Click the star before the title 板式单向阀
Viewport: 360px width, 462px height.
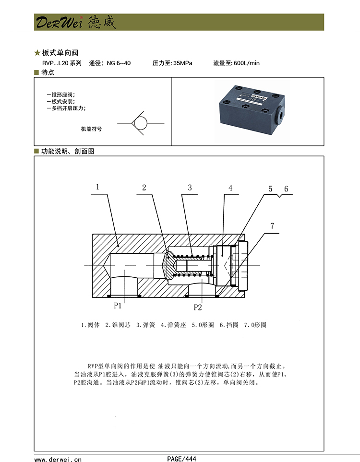(37, 52)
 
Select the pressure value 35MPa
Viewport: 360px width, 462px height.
(182, 63)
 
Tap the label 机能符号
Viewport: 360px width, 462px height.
(91, 129)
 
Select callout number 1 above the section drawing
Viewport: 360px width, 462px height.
(97, 187)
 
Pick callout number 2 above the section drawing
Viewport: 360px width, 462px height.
(144, 188)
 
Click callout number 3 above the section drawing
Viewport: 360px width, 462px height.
(190, 188)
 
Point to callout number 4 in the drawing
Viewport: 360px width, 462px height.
(230, 188)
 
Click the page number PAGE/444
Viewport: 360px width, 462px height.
(182, 458)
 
